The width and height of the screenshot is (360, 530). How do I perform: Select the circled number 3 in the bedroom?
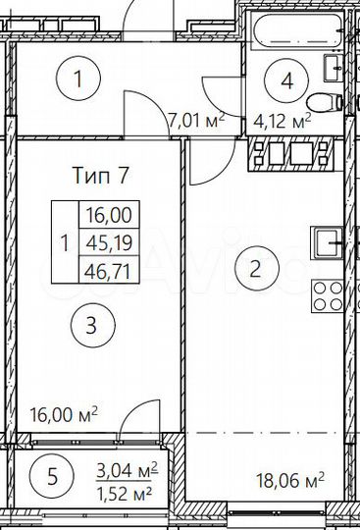coord(90,326)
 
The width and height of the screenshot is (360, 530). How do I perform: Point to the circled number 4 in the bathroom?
coord(286,80)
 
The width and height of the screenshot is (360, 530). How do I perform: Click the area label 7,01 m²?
coord(197,121)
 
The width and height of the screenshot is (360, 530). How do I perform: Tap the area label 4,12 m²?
coord(283,121)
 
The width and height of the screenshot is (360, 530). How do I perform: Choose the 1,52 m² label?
coord(128,491)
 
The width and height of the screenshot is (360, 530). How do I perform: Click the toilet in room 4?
coord(324,103)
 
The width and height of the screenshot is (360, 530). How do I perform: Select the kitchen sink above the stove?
coord(328,241)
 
